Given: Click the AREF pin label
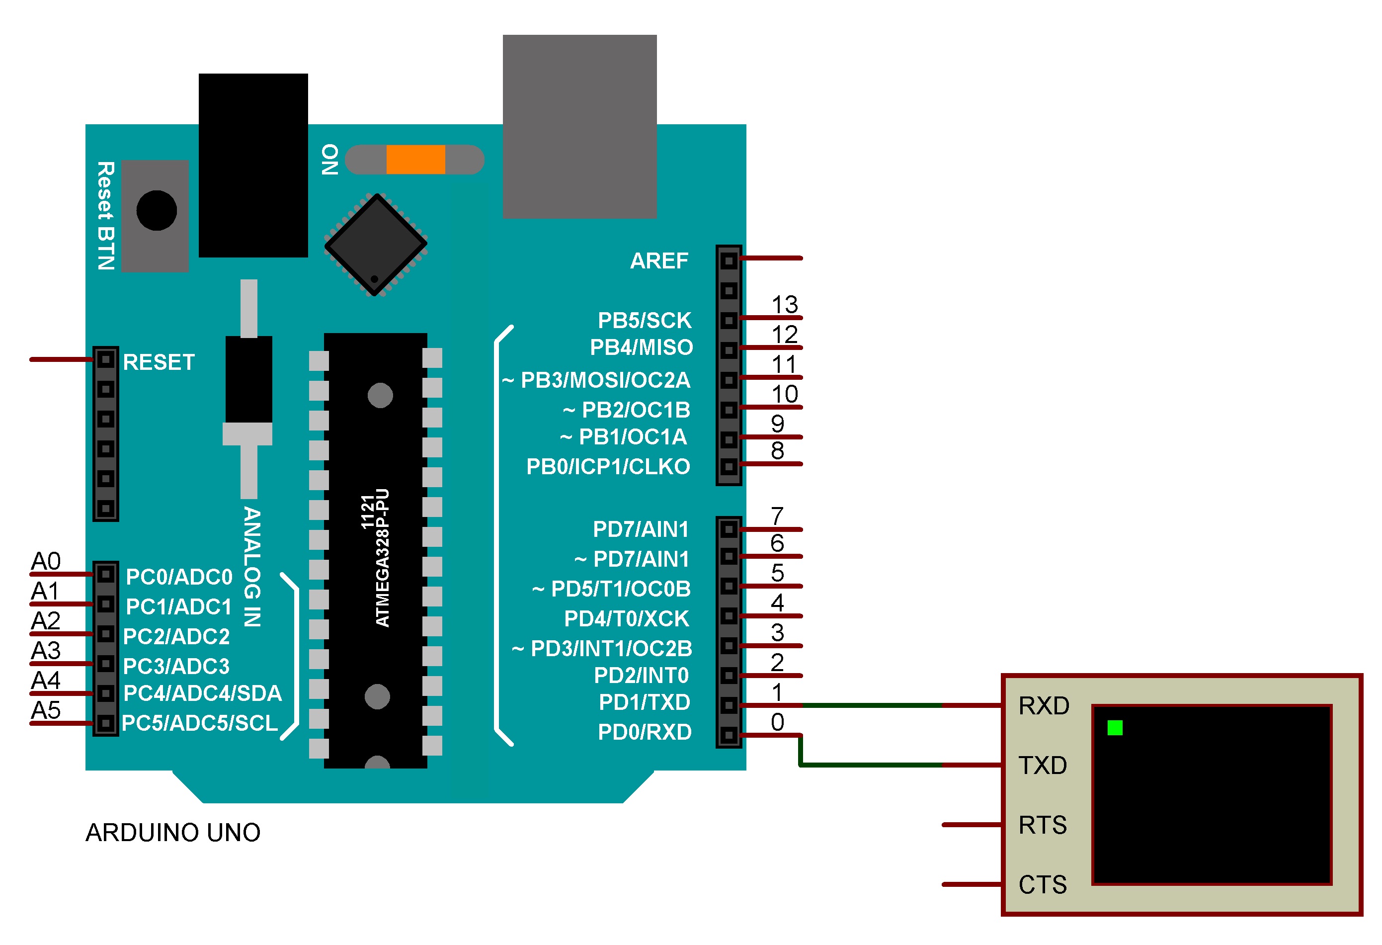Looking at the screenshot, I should pyautogui.click(x=659, y=260).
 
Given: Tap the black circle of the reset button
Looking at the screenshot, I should pyautogui.click(x=157, y=211).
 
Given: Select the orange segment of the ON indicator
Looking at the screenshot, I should pyautogui.click(x=415, y=160).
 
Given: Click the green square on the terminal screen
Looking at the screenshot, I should pyautogui.click(x=1115, y=727).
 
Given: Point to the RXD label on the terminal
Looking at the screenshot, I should pyautogui.click(x=1044, y=706).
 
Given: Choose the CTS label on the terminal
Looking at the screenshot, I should pyautogui.click(x=1043, y=885).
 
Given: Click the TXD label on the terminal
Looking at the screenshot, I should pyautogui.click(x=1043, y=766).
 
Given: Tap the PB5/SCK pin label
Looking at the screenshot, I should pyautogui.click(x=645, y=321).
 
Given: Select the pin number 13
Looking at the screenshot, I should pyautogui.click(x=784, y=305).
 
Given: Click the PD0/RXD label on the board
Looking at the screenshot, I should pyautogui.click(x=645, y=732).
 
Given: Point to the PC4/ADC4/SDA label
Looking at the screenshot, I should pyautogui.click(x=202, y=693).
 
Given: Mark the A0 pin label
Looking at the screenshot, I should pyautogui.click(x=46, y=561).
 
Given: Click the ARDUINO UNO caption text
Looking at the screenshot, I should pyautogui.click(x=173, y=833).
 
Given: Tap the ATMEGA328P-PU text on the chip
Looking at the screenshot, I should pyautogui.click(x=382, y=558).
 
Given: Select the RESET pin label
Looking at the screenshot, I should pyautogui.click(x=159, y=362).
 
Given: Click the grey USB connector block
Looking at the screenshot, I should pyautogui.click(x=580, y=126).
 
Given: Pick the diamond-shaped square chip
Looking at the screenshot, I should pyautogui.click(x=376, y=244).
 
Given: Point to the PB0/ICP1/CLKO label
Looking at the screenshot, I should pyautogui.click(x=608, y=467).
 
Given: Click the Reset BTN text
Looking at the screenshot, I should pyautogui.click(x=106, y=216).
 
